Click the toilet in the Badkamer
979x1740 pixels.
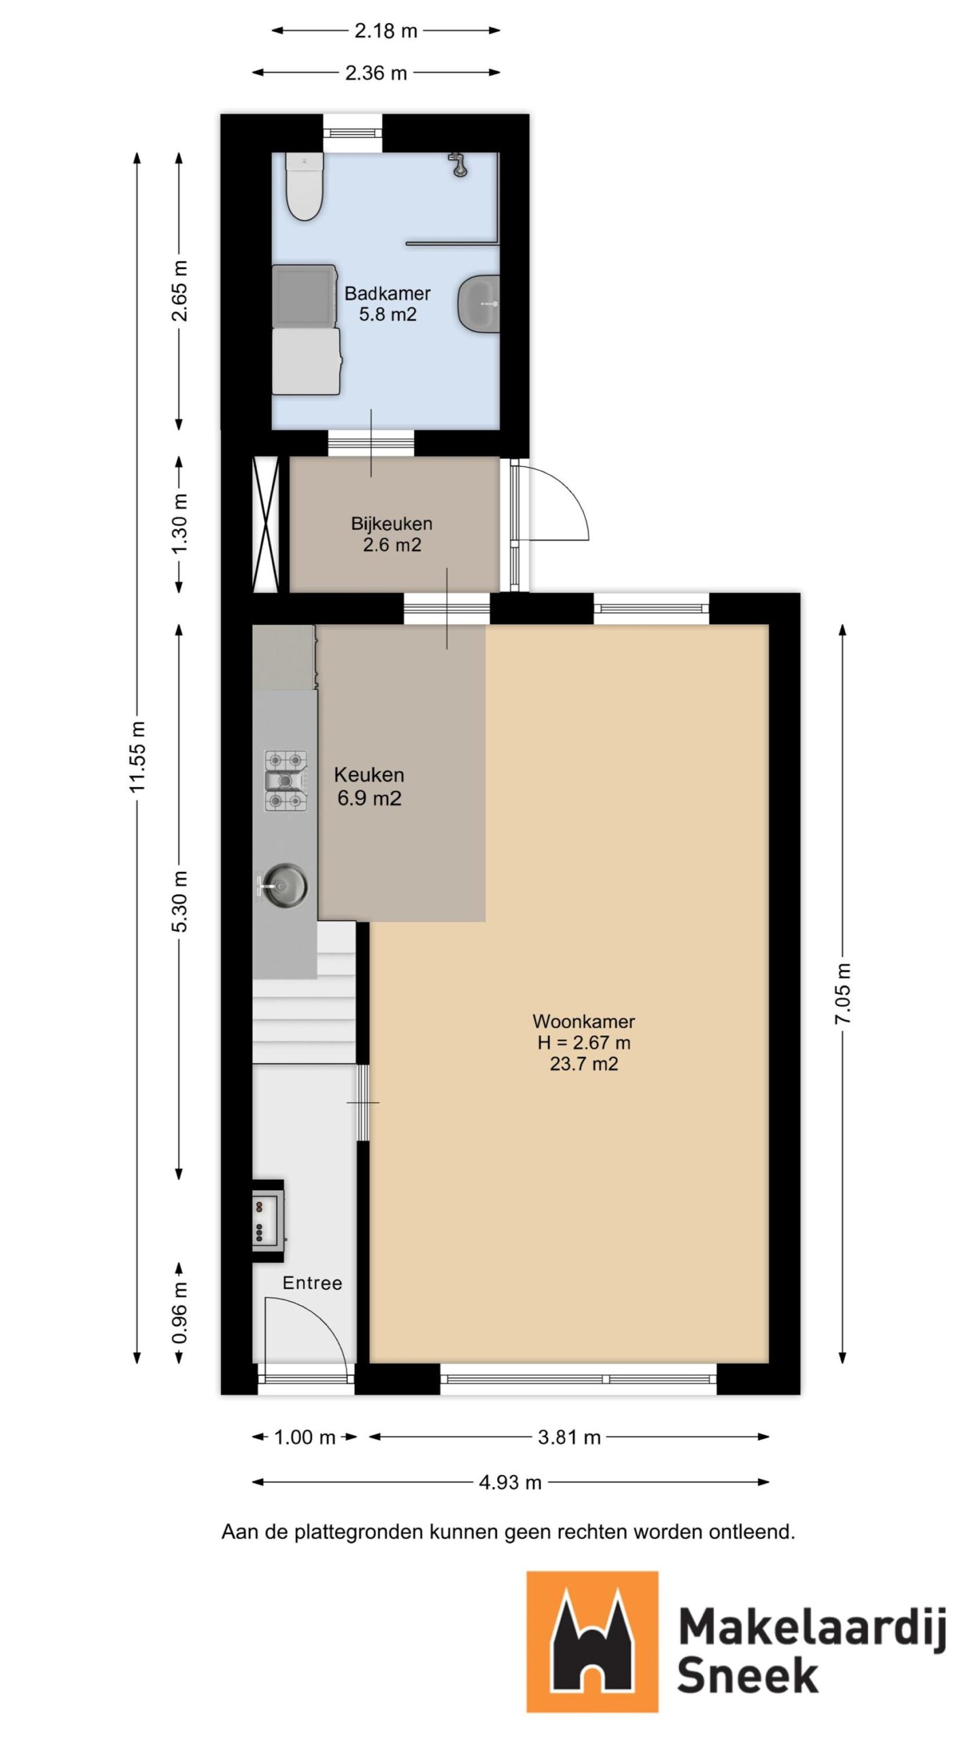coord(303,187)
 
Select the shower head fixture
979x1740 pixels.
coord(459,164)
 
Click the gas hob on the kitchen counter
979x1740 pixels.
coord(286,781)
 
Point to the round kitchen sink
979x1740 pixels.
coord(284,886)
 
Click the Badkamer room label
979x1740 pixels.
coord(387,294)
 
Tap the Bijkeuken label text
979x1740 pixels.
coord(392,523)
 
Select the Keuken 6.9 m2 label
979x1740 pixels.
coord(369,786)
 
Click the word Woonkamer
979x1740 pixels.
coord(583,1021)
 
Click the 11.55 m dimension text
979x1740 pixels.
coord(138,756)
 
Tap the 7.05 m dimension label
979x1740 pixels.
coord(843,993)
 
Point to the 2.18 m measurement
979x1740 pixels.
coord(385,31)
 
